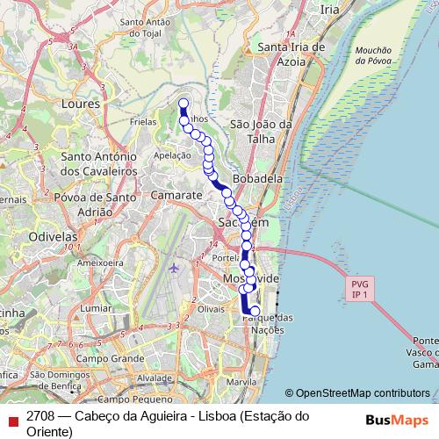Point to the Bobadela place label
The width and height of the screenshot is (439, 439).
[258, 177]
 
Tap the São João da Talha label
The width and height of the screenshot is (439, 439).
[260, 132]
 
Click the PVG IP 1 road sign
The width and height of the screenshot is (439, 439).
[359, 290]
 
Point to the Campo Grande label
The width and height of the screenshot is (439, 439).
[110, 358]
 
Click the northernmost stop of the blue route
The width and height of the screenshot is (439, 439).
[184, 104]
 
